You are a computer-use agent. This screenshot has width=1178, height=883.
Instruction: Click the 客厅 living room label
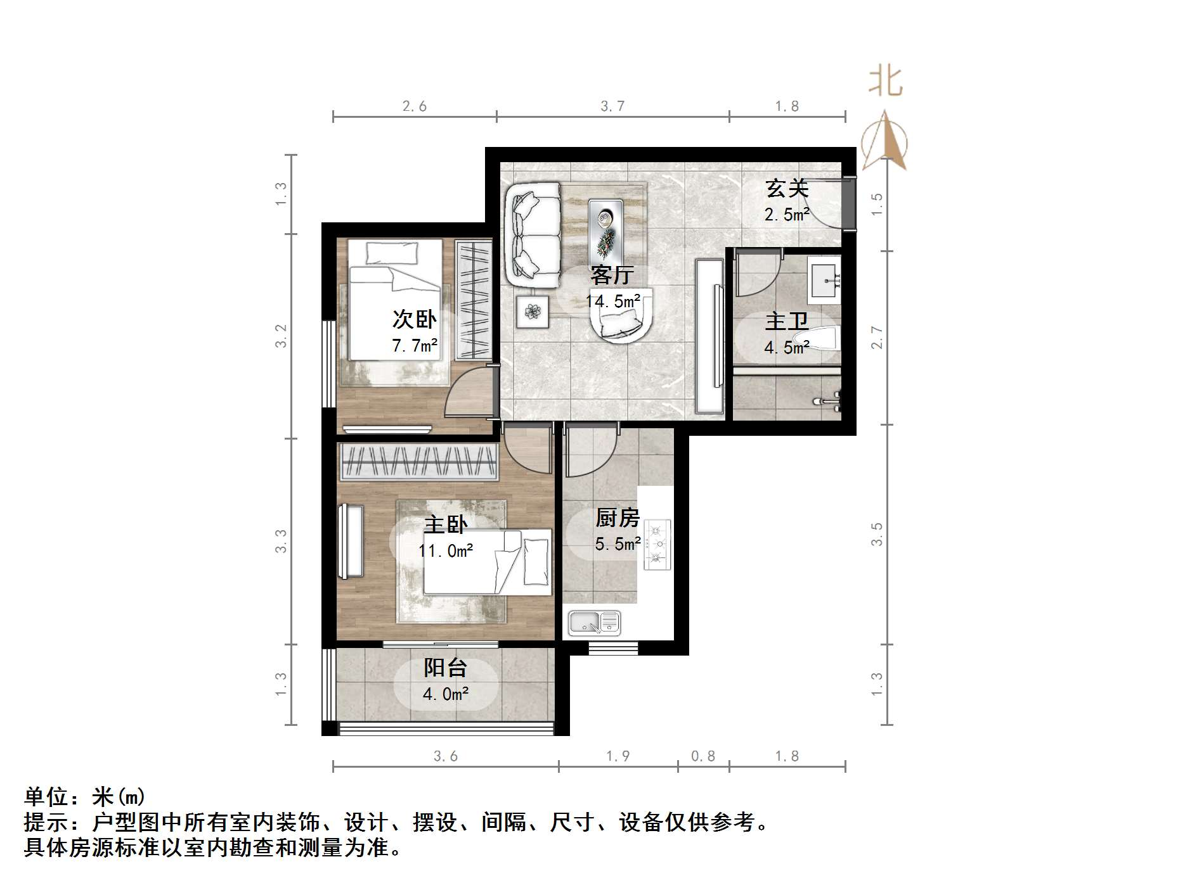click(612, 276)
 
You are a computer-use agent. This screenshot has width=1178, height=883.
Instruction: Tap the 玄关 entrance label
click(787, 188)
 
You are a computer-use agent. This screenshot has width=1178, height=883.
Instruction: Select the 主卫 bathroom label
click(787, 322)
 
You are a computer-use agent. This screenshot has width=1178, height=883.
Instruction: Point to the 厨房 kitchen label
click(617, 518)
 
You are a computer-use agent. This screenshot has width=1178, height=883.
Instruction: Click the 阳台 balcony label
click(445, 668)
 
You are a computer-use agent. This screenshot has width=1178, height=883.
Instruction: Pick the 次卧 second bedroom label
click(414, 319)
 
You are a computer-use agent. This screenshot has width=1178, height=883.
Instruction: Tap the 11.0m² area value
click(446, 551)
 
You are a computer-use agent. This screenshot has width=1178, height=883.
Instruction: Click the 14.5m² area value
click(612, 302)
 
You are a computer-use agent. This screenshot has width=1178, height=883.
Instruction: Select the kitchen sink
click(593, 623)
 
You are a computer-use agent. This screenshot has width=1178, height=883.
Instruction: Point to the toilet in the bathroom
click(824, 339)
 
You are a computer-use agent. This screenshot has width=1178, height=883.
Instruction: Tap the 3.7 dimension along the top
click(612, 106)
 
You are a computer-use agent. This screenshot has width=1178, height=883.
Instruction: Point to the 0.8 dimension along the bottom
click(702, 756)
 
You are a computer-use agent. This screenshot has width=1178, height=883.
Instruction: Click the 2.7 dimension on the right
click(877, 337)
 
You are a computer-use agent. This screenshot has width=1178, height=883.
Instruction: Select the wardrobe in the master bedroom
click(418, 461)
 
